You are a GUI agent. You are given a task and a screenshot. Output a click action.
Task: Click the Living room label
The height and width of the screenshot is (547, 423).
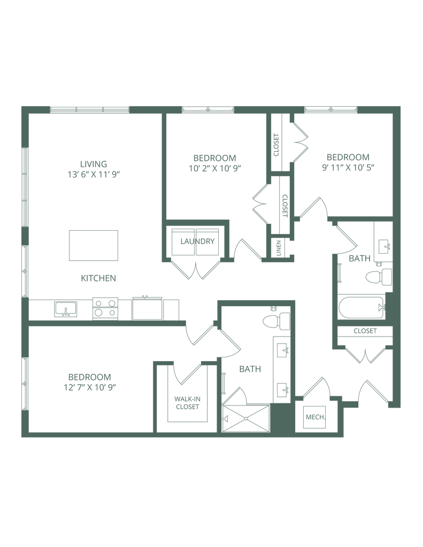pos(94,163)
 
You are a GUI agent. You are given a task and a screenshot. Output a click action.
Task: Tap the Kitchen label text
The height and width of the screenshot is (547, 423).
pos(98,278)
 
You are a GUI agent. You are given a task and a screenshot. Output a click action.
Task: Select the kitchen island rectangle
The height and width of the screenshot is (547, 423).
pos(94,246)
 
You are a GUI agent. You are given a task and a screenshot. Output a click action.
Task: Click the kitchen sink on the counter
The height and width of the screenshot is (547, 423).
pos(65,309)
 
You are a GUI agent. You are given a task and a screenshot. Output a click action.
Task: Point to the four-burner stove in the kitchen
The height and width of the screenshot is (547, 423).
pos(105,308)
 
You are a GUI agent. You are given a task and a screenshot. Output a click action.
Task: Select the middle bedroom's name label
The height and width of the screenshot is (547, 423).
pos(214,158)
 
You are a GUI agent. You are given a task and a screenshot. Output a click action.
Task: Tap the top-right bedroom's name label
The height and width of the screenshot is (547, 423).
pos(348,157)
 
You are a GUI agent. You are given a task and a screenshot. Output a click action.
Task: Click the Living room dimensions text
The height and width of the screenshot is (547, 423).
pos(94,174)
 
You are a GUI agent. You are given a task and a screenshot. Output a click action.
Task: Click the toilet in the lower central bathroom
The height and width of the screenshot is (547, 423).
pos(275,321)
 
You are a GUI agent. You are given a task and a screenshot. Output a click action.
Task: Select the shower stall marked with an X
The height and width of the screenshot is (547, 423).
pos(247,417)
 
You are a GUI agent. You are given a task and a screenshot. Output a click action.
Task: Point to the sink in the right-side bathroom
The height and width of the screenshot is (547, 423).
pos(383,246)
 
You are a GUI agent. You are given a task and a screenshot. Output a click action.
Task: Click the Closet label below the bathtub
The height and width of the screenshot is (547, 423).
pos(365,332)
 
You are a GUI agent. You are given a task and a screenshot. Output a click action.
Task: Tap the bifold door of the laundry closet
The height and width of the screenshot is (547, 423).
pos(197,271)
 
